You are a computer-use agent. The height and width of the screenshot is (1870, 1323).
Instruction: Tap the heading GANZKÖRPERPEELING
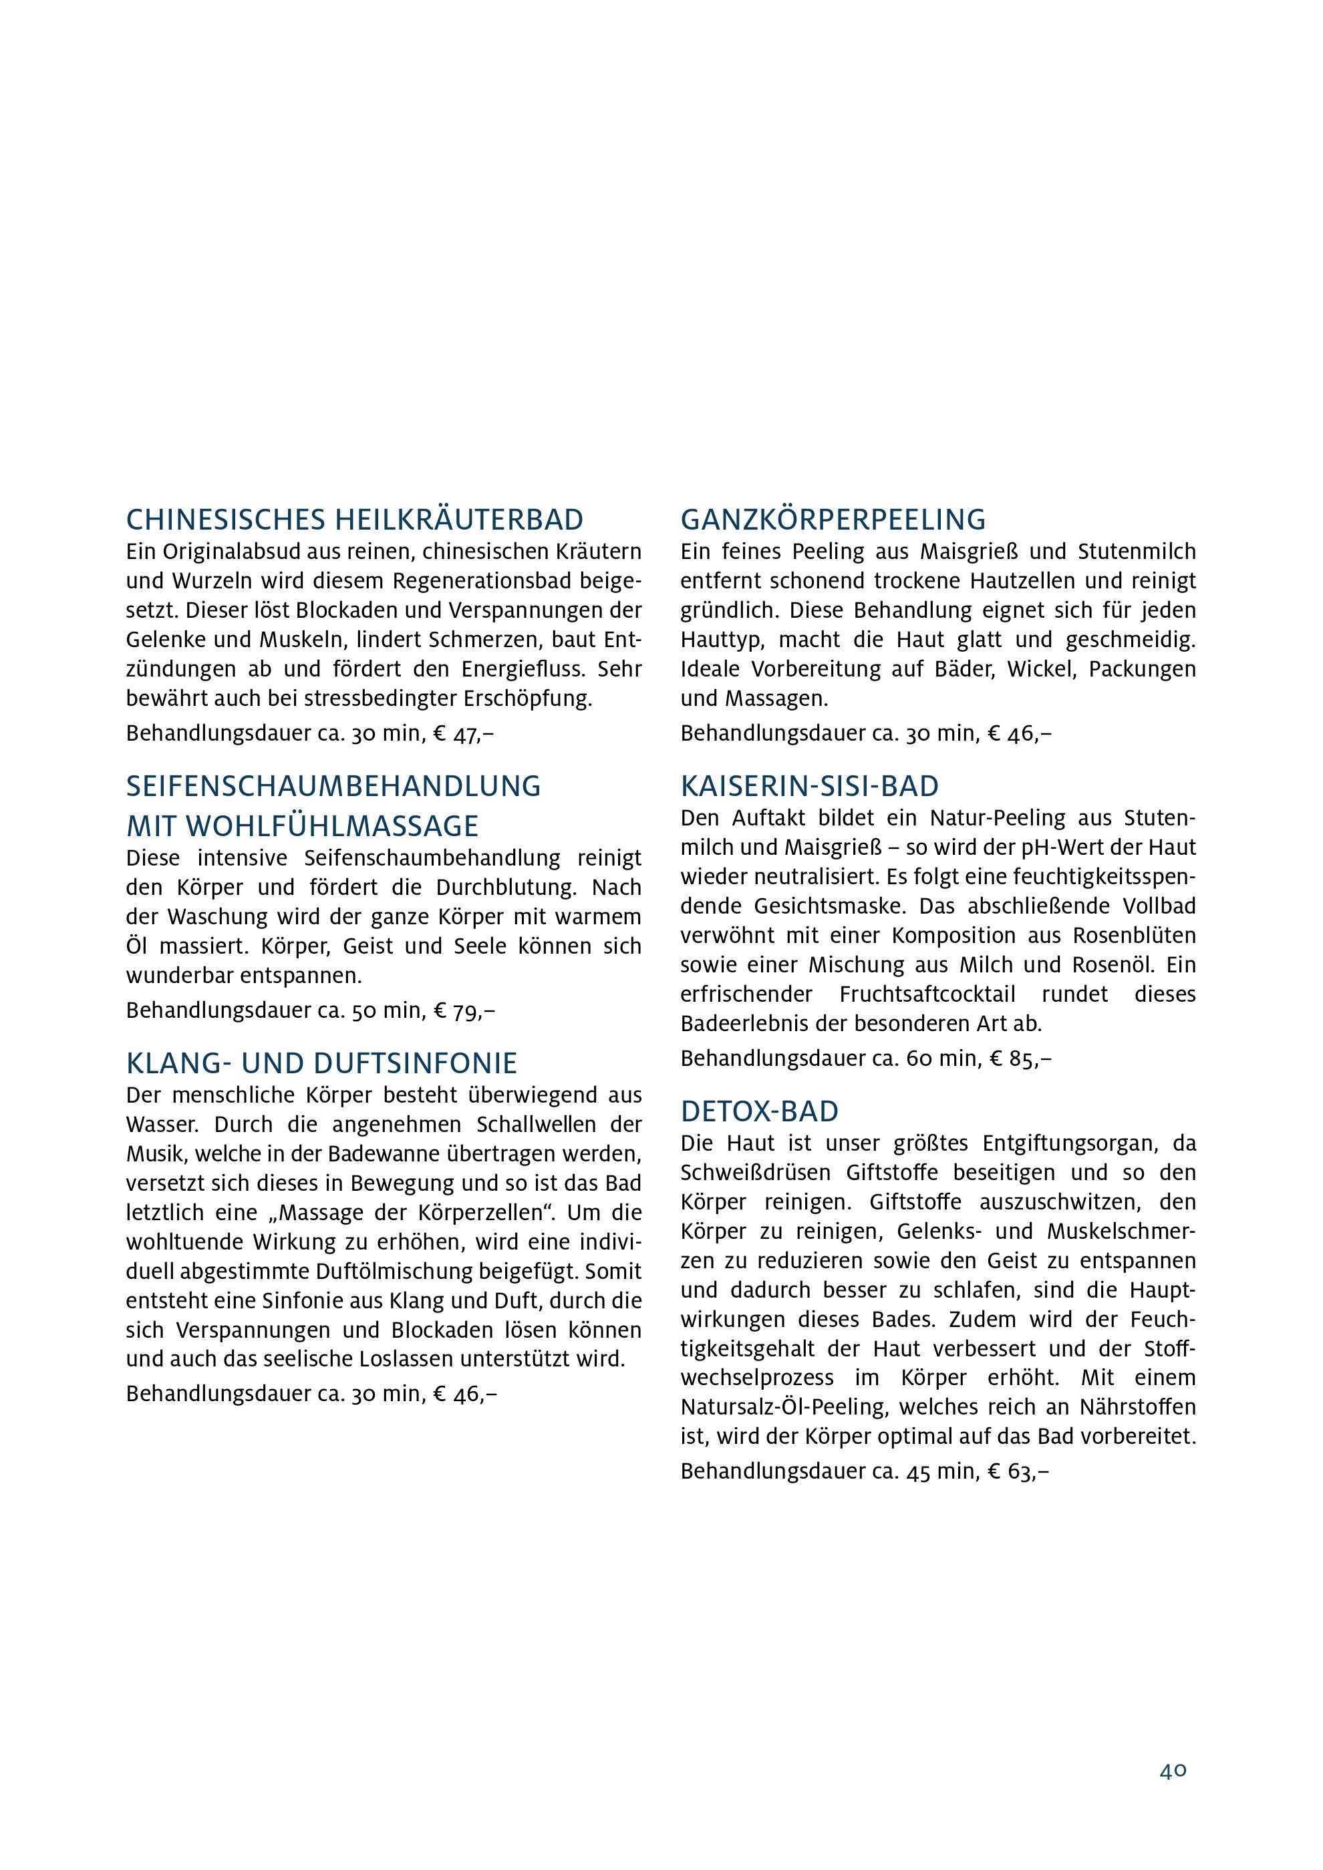(833, 520)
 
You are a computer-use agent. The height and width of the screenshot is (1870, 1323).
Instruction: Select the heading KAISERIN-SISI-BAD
(809, 786)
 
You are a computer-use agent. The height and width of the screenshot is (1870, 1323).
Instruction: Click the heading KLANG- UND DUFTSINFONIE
(322, 1064)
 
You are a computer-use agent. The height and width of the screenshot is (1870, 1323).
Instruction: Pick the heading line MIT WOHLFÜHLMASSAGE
(302, 827)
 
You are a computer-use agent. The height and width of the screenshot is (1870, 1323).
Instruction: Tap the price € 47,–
(464, 734)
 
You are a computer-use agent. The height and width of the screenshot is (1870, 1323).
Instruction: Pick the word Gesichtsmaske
(824, 906)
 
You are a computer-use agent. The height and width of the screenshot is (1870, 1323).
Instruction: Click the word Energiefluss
(523, 669)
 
